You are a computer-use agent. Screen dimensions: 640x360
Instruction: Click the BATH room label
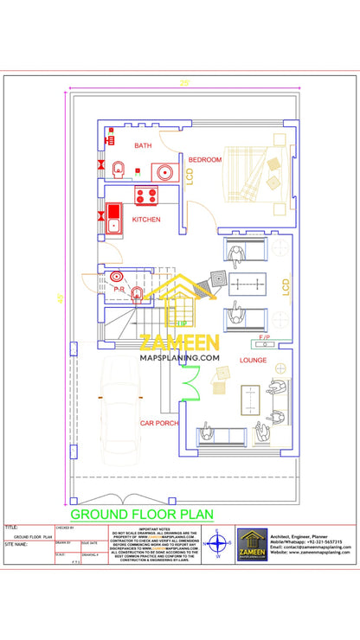[143, 146]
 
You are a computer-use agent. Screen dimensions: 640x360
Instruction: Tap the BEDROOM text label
[206, 160]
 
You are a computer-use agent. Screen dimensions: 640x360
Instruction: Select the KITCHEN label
[146, 220]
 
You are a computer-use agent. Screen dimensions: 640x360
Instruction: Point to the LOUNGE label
[253, 359]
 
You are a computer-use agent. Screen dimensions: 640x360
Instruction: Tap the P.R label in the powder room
[119, 289]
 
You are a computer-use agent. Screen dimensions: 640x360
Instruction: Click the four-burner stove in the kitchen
[145, 195]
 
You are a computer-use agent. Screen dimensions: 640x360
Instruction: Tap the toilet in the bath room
[119, 167]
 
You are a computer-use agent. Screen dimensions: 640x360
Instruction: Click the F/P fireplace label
[265, 336]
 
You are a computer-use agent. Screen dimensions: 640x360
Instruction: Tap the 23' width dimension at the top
[183, 83]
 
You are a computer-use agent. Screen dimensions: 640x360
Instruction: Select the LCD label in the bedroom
[190, 176]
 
